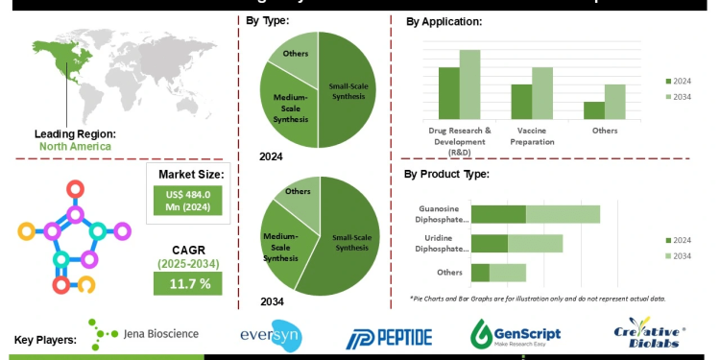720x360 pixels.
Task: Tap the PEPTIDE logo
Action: tap(389, 336)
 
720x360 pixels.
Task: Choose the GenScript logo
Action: tap(516, 333)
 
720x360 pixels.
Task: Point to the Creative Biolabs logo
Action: tap(654, 335)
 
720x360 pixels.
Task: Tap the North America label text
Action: tap(75, 147)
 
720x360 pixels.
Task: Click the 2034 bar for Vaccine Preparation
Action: tap(542, 92)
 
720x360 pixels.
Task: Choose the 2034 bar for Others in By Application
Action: tap(614, 101)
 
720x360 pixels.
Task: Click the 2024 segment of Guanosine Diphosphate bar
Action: tap(498, 214)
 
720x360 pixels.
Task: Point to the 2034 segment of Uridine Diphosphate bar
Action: tap(535, 243)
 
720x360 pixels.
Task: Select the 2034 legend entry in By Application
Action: tap(678, 98)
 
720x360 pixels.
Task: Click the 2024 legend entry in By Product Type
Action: tap(678, 240)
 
